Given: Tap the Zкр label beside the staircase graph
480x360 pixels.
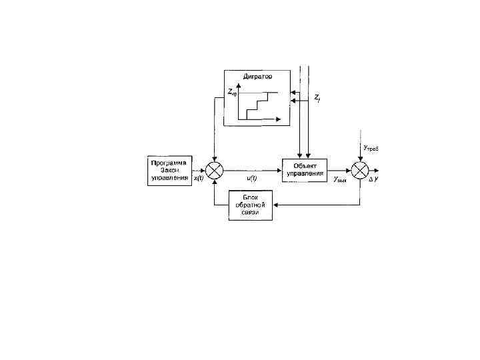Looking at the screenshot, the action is [x=233, y=93].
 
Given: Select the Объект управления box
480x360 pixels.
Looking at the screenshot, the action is [x=305, y=170].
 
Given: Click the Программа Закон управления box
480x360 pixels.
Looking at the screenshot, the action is [x=169, y=169].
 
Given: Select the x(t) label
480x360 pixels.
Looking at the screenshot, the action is [x=199, y=179].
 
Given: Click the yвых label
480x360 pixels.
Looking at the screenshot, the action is [x=340, y=180].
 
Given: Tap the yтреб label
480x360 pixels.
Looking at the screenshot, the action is [x=370, y=147].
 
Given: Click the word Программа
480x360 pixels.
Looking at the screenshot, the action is [x=169, y=161].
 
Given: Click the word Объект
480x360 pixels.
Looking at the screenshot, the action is [x=305, y=165].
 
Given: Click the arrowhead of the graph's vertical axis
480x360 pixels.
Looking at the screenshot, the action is [x=238, y=85].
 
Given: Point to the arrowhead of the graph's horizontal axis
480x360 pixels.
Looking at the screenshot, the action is [x=279, y=120].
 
